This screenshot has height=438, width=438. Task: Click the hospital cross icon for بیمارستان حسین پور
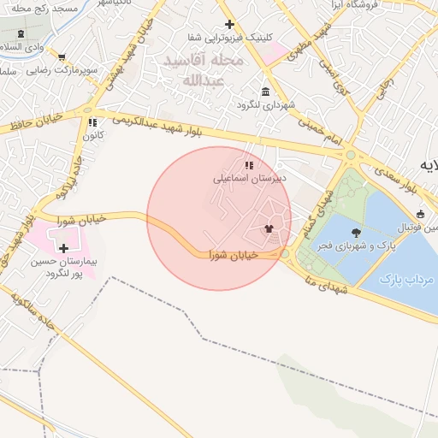tap(63, 247)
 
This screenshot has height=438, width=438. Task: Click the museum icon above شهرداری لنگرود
tap(265, 92)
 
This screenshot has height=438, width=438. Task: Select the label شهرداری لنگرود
tap(268, 105)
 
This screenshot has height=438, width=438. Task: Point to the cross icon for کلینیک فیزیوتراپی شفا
tap(228, 25)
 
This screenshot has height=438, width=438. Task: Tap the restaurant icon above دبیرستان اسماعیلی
tap(248, 165)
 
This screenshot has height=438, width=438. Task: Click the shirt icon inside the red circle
tap(269, 228)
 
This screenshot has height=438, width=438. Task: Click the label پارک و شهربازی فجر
tap(354, 246)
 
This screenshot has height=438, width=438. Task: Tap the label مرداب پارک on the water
tap(407, 279)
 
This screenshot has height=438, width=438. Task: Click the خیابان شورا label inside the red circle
tap(234, 255)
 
